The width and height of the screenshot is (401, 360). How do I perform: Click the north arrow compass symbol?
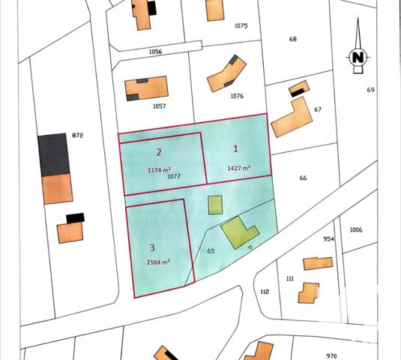coord(358,56)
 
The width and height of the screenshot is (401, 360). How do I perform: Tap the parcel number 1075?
coord(241,25)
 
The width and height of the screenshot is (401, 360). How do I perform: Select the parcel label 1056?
coord(156,52)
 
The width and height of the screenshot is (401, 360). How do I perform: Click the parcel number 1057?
coord(159,106)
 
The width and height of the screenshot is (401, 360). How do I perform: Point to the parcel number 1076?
coord(238,96)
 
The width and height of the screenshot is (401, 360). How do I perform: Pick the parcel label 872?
coord(76,135)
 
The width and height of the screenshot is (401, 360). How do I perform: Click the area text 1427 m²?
coord(238,169)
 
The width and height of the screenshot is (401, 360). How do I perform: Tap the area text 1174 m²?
coord(160,169)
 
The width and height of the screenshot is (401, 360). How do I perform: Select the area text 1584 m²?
coord(158,262)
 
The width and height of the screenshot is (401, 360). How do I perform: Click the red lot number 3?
coord(152,247)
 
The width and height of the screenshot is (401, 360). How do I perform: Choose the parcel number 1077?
coord(174,176)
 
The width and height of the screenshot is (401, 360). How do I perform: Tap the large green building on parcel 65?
coord(238,232)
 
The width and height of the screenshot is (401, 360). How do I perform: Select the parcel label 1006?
coord(355,229)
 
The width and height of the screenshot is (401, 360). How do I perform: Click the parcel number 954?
coord(328,239)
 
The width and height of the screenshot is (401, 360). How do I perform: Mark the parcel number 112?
coord(264,292)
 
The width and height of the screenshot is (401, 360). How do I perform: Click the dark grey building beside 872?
coord(53,154)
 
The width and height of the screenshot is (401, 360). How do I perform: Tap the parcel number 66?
coord(303,178)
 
